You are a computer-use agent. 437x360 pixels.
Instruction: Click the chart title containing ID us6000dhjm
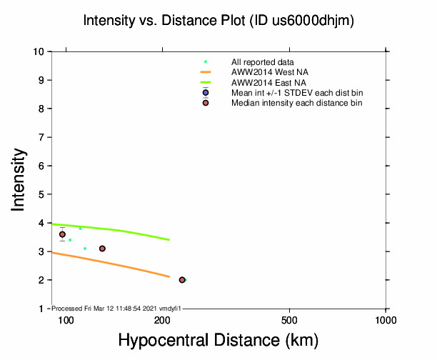point(218,21)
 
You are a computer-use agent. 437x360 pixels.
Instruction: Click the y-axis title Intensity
point(19,179)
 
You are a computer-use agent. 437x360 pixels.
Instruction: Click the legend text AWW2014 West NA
point(270,72)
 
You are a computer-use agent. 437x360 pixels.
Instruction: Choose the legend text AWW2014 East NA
point(269,82)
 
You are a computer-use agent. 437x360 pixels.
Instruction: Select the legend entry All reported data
point(262,62)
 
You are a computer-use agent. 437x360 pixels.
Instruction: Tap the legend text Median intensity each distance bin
point(296,103)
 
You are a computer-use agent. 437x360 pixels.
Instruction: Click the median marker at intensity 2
point(182,280)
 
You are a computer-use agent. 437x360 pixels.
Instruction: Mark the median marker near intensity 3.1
point(102,249)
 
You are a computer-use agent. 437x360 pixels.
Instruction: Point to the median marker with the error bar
point(62,234)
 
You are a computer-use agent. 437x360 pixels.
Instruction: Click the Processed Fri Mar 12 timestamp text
point(116,308)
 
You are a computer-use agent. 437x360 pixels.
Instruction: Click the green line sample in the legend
point(206,82)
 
